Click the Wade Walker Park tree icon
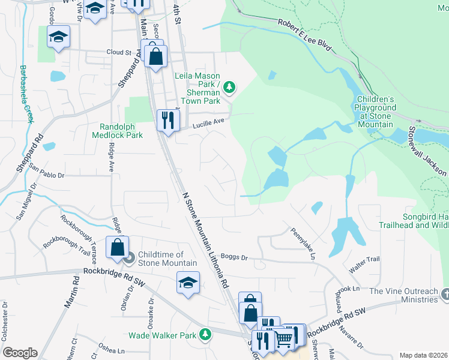pyautogui.click(x=206, y=334)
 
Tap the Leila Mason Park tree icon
pyautogui.click(x=229, y=88)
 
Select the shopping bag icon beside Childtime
pyautogui.click(x=116, y=247)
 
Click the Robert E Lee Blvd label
pyautogui.click(x=304, y=32)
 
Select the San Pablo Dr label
pyautogui.click(x=46, y=172)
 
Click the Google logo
pyautogui.click(x=19, y=353)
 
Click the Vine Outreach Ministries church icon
pyautogui.click(x=444, y=294)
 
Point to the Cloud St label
pyautogui.click(x=119, y=52)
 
